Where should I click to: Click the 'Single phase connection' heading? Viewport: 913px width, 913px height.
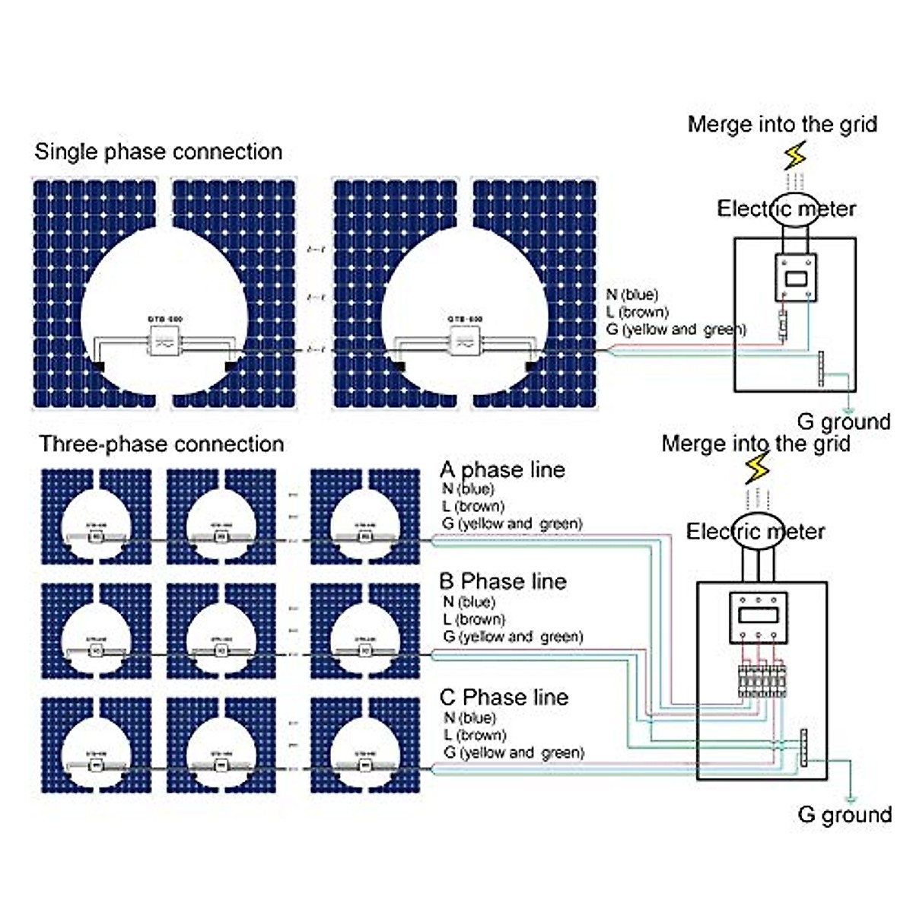click(x=158, y=151)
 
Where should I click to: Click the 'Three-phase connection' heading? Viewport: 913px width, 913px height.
click(x=161, y=444)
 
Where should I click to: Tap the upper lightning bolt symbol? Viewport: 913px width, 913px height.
click(x=795, y=157)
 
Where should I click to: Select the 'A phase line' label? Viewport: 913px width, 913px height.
click(x=502, y=469)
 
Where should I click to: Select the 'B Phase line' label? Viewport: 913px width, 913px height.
click(x=502, y=581)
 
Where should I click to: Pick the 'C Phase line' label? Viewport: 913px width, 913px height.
click(x=504, y=697)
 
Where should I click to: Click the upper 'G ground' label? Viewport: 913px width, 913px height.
click(x=843, y=422)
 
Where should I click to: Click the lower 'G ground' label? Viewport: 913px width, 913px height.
click(x=845, y=814)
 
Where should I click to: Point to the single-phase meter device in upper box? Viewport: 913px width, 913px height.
click(x=795, y=278)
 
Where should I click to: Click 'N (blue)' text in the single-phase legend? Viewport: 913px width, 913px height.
click(x=631, y=294)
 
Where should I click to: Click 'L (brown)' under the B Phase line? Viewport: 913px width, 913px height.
click(x=473, y=619)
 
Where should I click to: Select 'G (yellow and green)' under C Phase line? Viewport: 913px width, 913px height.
click(x=514, y=752)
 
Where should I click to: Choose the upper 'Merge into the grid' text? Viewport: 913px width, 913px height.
click(x=782, y=124)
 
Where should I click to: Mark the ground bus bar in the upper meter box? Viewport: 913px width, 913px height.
click(x=822, y=369)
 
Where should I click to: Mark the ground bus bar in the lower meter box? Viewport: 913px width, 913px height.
click(x=803, y=749)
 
